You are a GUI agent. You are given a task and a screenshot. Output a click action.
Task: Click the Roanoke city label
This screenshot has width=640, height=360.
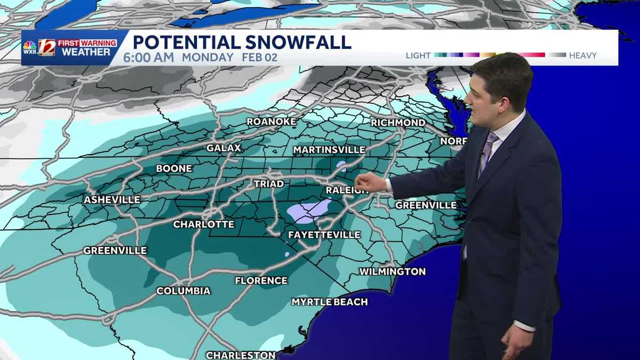(271, 122)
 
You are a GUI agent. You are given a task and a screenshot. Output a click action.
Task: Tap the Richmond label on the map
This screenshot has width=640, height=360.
(398, 123)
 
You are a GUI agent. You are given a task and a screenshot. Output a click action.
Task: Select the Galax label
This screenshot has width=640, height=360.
(224, 148)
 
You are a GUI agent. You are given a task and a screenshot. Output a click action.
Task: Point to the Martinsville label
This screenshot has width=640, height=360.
(329, 150)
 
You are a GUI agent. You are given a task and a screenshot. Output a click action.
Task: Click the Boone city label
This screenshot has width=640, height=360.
(174, 169)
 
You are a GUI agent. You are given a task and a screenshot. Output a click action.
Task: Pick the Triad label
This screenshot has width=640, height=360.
(268, 183)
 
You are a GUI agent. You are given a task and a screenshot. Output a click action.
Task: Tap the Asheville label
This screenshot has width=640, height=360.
(112, 199)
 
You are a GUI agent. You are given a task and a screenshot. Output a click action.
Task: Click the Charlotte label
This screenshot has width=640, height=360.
(204, 224)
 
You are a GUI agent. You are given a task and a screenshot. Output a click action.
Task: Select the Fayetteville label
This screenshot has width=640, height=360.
(324, 235)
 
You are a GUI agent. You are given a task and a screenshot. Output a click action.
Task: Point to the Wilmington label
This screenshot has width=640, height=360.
(393, 271)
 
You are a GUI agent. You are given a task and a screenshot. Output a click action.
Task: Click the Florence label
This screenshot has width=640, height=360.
(261, 281)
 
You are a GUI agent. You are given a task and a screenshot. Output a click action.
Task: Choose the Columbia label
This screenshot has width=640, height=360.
(183, 291)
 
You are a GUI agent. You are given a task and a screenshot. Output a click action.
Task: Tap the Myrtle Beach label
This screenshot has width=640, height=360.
(330, 302)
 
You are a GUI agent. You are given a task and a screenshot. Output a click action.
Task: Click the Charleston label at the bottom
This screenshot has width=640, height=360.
(241, 355)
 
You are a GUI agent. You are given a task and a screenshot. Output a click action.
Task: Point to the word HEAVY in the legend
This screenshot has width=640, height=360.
(582, 55)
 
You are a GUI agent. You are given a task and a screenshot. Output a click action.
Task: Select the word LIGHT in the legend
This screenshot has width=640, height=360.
(418, 55)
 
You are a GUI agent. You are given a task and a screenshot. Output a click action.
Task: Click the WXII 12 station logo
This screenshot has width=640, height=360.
(40, 47)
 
